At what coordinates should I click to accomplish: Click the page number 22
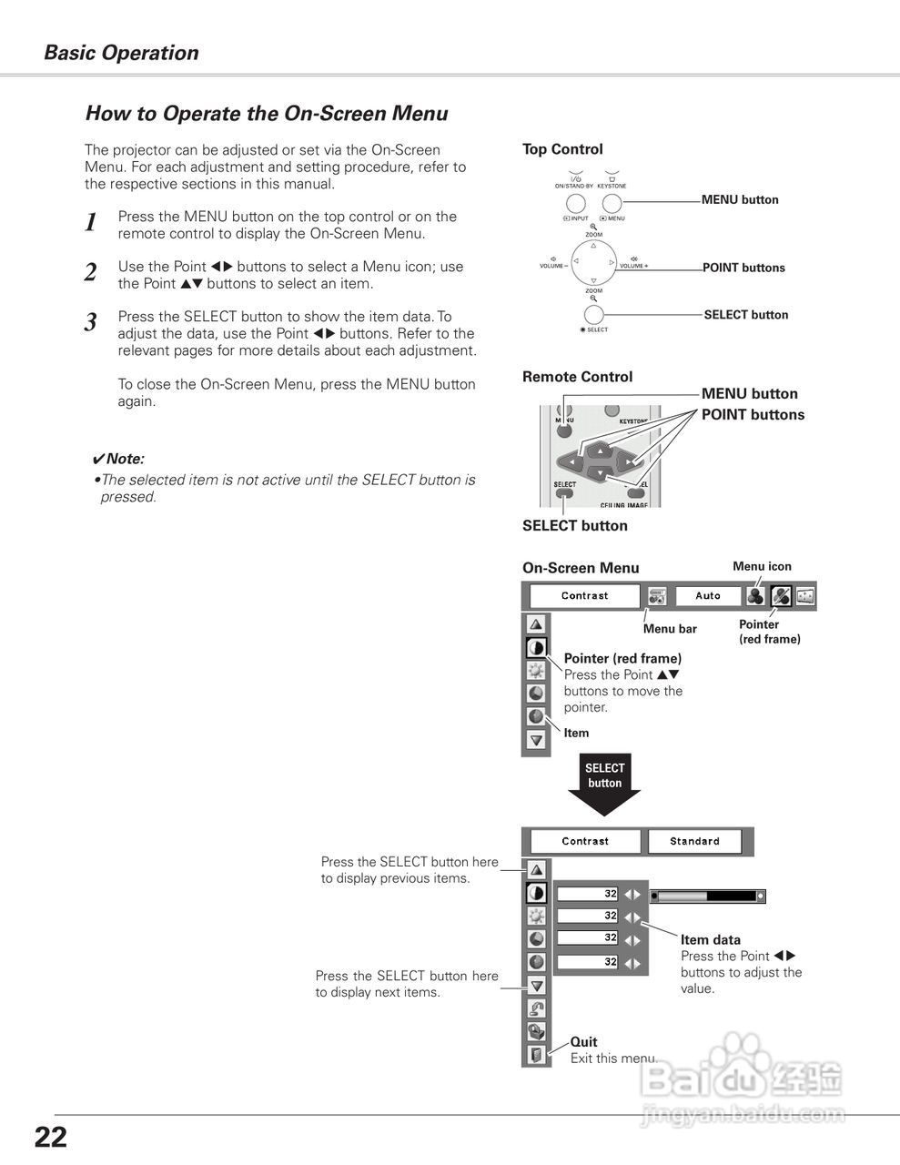[x=51, y=1137]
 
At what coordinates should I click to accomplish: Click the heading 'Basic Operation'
[x=121, y=53]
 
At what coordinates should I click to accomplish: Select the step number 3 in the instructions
[x=90, y=322]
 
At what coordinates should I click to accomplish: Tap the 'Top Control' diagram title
[x=562, y=149]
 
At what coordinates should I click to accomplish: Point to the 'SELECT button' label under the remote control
[x=574, y=525]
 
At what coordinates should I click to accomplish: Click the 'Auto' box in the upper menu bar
[x=707, y=596]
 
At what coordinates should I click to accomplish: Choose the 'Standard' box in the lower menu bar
[x=694, y=842]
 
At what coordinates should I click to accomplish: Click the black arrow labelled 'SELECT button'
[x=604, y=783]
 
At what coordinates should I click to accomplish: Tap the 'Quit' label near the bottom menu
[x=583, y=1042]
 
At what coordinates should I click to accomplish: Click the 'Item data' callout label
[x=710, y=940]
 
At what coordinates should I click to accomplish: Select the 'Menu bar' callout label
[x=670, y=629]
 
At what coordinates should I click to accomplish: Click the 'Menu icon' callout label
[x=762, y=566]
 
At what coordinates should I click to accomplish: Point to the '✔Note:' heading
[x=118, y=460]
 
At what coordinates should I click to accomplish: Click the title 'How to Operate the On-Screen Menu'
[x=267, y=114]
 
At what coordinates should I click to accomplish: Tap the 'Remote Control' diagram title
[x=577, y=377]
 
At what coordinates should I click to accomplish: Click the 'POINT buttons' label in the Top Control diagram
[x=743, y=268]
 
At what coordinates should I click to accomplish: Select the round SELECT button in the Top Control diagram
[x=593, y=315]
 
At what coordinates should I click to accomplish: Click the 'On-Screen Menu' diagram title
[x=581, y=568]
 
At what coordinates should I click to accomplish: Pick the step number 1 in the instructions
[x=90, y=223]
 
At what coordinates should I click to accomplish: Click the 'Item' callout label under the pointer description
[x=576, y=733]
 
